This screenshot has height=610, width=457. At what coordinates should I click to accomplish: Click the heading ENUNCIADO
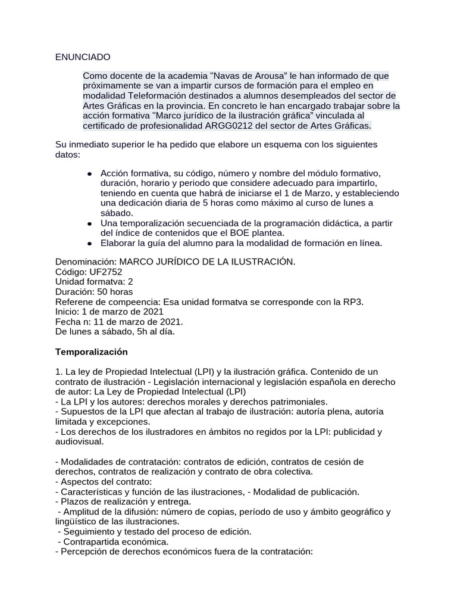click(83, 57)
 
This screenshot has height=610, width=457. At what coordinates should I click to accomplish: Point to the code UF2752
click(105, 272)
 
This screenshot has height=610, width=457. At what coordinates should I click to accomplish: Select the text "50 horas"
click(114, 292)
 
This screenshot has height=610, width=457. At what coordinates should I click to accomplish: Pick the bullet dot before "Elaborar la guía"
click(89, 243)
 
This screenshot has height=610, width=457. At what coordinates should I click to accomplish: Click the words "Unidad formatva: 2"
click(93, 282)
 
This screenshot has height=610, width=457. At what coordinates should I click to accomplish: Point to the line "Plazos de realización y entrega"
click(125, 502)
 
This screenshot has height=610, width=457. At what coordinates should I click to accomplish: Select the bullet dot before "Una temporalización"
click(89, 223)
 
